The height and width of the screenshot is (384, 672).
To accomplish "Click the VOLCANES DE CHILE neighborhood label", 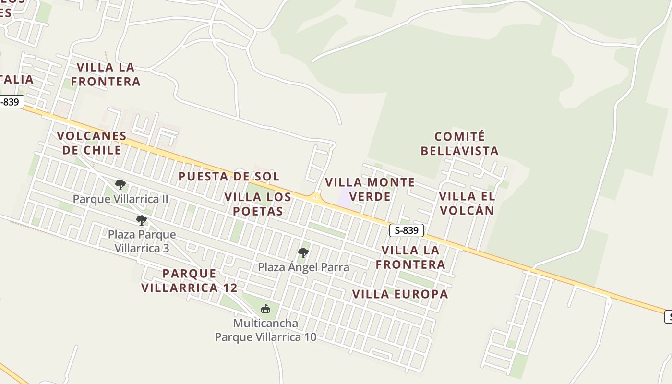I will (91, 143).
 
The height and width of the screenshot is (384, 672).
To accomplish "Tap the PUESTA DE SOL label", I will (228, 176).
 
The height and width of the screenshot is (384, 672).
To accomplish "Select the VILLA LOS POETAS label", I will (258, 204).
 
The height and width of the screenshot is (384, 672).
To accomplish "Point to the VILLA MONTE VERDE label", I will (370, 189).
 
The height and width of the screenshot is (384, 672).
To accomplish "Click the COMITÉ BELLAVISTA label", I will (459, 144).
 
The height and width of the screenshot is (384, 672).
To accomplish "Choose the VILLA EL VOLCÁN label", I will (467, 203).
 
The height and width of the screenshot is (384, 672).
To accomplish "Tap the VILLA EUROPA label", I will (400, 294).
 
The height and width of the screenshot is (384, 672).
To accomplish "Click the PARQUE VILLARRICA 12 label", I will (189, 280).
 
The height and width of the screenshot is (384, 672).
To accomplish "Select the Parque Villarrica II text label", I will (120, 199).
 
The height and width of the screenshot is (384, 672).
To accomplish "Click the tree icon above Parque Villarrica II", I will (120, 185).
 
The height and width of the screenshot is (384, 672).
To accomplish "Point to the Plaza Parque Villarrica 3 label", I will (142, 241).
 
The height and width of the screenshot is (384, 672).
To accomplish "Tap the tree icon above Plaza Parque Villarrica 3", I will (141, 220).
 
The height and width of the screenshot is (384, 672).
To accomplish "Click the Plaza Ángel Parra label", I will (303, 267).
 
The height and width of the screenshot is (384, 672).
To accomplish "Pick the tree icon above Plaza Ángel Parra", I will (303, 252).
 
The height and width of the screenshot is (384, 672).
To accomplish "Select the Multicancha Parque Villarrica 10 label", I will (265, 330).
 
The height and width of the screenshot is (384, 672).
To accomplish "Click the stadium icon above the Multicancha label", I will (265, 309).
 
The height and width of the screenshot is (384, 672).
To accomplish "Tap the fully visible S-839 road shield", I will (406, 230).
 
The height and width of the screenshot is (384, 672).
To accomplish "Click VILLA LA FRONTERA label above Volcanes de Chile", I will (106, 74).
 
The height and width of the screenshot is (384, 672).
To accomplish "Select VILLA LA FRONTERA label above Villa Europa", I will (410, 257).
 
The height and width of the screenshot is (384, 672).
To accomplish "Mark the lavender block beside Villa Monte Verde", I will (345, 198).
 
